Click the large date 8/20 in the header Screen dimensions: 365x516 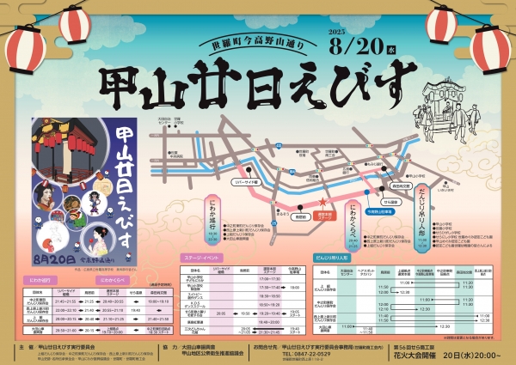coord(343,44)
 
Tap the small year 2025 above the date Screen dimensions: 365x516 coord(313,32)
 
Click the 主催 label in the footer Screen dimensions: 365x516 coord(26,347)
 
